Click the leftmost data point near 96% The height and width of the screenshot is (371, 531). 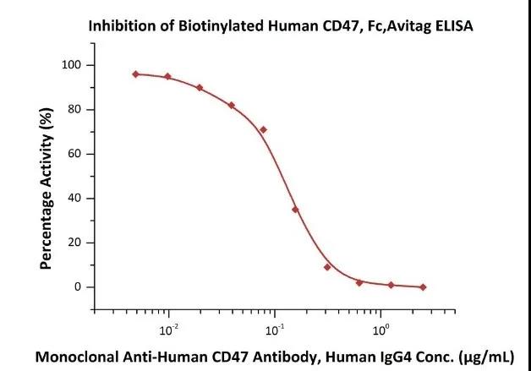[x=136, y=74]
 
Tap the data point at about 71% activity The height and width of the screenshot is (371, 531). [x=264, y=129]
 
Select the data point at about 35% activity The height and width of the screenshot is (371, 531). [x=295, y=210]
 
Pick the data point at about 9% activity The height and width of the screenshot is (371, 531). [x=327, y=267]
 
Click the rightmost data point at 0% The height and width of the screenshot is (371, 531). [x=423, y=287]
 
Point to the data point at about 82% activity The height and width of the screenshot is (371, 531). [x=232, y=106]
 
